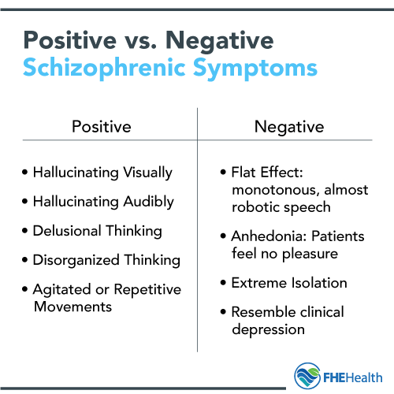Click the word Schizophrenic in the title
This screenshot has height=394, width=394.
[104, 68]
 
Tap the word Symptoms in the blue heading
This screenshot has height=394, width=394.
[255, 69]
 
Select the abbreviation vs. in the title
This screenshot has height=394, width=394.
[141, 42]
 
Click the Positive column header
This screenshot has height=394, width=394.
[102, 127]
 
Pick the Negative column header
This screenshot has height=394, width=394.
[289, 128]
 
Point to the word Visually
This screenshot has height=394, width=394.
[148, 173]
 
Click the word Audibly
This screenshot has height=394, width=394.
[149, 203]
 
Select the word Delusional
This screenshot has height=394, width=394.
[67, 231]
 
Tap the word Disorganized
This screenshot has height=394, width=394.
[76, 261]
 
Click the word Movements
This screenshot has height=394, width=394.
[73, 307]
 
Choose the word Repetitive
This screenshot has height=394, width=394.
[147, 290]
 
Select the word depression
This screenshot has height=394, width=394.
[269, 329]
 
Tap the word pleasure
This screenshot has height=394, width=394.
[310, 255]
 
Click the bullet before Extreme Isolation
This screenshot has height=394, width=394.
[223, 283]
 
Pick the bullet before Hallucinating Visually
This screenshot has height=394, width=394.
[25, 173]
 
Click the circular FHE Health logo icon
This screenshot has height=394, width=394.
[307, 376]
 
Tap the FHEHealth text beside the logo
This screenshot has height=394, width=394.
[353, 377]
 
